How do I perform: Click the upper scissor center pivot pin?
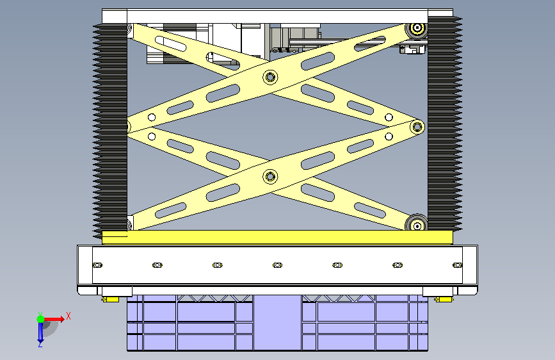point(270,77)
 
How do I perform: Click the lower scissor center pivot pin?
point(270,176)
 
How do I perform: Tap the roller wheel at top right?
point(417,28)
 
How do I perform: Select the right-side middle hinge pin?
point(417,126)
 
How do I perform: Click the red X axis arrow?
point(53,319)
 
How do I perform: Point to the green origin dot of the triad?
point(41,319)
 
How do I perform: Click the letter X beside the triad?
point(68,316)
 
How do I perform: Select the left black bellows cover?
point(111,129)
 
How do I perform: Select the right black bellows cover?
point(445,124)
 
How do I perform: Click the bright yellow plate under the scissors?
point(277,237)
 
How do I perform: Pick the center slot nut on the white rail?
point(278,265)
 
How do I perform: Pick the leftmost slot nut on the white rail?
point(97,265)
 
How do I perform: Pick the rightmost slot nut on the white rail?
point(458,265)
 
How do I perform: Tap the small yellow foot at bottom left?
point(111,300)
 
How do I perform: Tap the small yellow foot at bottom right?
point(444,300)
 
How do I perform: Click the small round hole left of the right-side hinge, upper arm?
point(389,117)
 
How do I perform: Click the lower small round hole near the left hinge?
point(152,136)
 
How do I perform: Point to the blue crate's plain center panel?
point(277,322)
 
